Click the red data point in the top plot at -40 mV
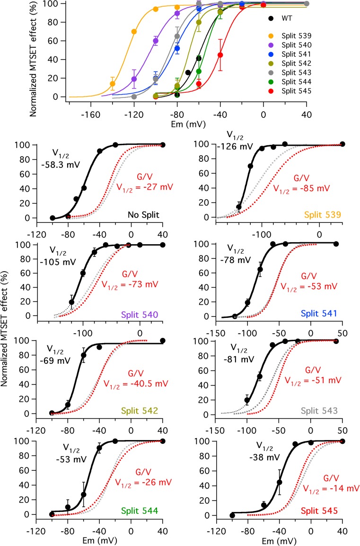[220, 55]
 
